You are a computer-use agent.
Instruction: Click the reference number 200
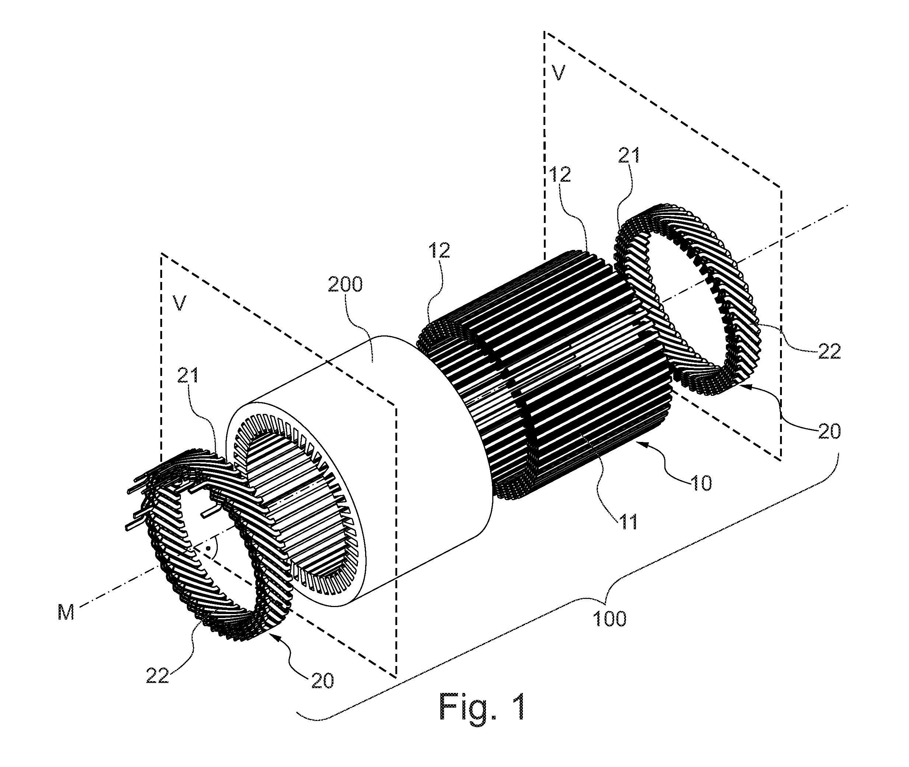[345, 285]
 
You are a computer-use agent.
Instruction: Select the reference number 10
[701, 482]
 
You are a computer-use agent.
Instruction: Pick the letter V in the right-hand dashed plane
[558, 73]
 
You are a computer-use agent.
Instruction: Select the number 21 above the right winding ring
[629, 155]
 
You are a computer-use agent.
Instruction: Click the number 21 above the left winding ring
[188, 375]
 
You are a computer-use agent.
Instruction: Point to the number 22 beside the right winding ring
[829, 351]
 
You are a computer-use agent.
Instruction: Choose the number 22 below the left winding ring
[157, 675]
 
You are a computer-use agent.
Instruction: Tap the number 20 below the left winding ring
[322, 680]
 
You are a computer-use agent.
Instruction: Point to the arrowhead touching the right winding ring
[744, 384]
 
